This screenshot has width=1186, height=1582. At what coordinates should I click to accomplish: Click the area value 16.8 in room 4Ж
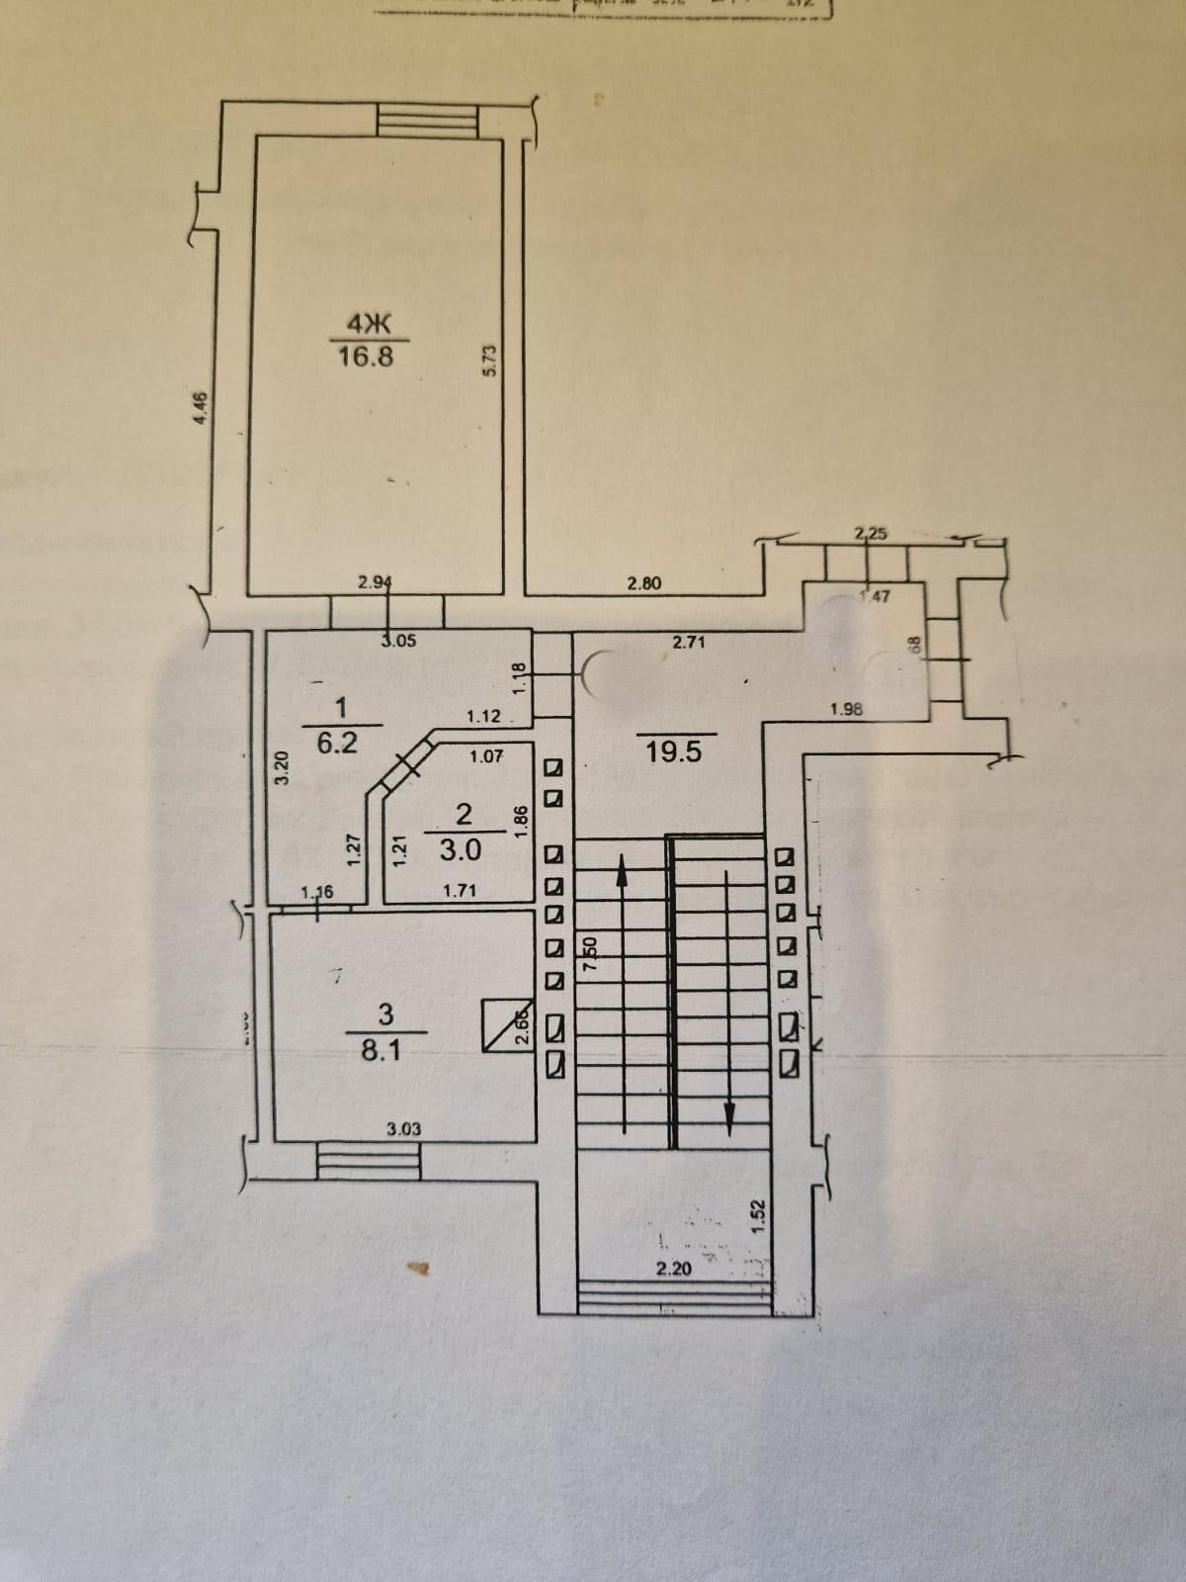click(365, 356)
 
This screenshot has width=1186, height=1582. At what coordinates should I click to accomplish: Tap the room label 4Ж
click(364, 322)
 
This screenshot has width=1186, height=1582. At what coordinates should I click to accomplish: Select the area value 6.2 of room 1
click(336, 744)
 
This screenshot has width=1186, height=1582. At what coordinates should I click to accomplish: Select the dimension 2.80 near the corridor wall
click(644, 583)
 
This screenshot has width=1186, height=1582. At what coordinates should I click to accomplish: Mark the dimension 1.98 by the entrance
click(850, 708)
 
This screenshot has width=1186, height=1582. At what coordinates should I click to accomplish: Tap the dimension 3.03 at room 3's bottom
click(404, 1129)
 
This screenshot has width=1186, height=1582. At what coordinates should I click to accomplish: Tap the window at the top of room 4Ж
click(429, 122)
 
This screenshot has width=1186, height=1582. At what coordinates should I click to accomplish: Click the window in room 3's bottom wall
click(368, 1159)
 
